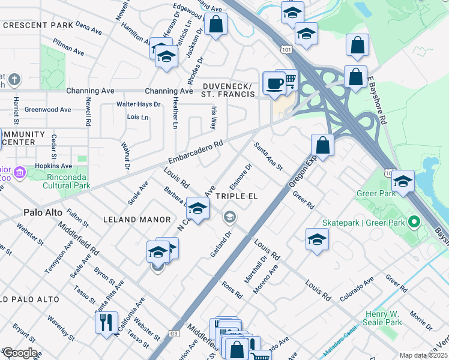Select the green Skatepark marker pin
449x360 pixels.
(413, 223)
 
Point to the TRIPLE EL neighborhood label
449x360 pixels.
(237, 196)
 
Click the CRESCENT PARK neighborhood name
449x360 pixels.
(38, 25)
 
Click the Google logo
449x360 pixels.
(19, 352)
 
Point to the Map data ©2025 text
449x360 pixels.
(423, 355)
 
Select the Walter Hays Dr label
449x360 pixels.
(139, 104)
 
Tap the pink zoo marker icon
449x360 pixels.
(20, 173)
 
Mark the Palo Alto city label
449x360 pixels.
(44, 212)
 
